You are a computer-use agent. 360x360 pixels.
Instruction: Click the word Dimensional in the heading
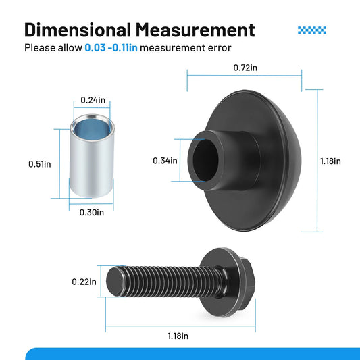coord(78,30)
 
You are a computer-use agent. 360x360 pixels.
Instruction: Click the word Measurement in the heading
coord(195,30)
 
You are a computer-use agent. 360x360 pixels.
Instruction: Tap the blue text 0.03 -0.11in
coord(111,48)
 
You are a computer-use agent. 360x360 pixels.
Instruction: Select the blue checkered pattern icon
coord(312,30)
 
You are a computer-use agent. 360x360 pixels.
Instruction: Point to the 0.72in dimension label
coord(245,68)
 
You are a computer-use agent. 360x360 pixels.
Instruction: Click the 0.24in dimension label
coord(93,100)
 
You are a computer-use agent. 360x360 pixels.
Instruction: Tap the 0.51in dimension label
coord(40,164)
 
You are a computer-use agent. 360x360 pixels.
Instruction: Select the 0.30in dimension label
coord(92,213)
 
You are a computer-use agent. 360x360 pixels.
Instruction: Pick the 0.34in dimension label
coord(165,161)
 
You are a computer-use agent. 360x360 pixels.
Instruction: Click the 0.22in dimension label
coord(84,282)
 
